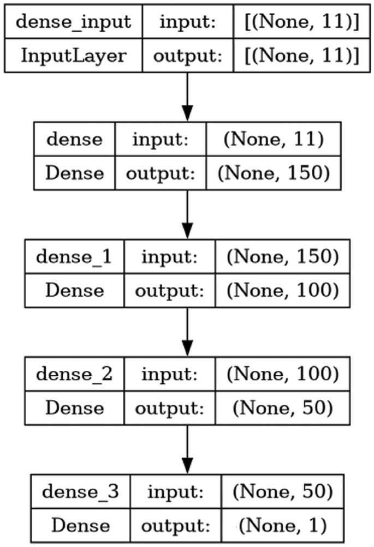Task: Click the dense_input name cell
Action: coord(74,22)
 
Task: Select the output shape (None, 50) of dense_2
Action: coord(282,407)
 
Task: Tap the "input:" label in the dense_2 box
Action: coord(169,374)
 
